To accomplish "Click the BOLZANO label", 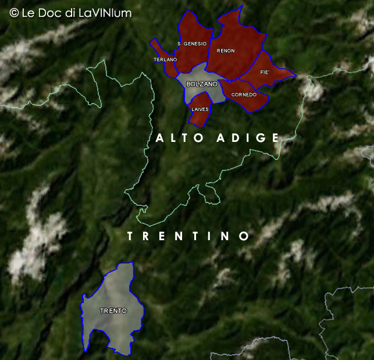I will pos(202,84).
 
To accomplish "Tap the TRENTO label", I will pos(113,311).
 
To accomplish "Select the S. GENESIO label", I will pos(192,44).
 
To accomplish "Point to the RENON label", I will pos(226,51).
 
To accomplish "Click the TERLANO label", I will pos(165,60).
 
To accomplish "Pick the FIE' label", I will pos(265,73).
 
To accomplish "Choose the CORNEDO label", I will pos(244,94).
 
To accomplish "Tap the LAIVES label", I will pos(200,109).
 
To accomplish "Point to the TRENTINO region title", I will pos(188,236).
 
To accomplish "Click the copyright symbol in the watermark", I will pos(14,12).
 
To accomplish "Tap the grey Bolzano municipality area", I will pos(201,93).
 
